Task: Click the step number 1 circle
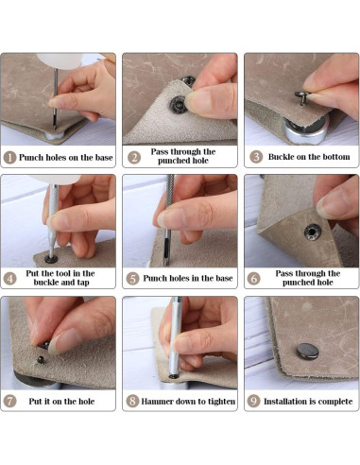(9, 157)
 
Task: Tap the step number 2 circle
(134, 157)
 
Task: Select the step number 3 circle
(256, 157)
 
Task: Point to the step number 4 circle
(9, 278)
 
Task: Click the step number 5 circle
(132, 279)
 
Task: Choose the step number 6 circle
(254, 278)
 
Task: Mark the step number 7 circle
(9, 401)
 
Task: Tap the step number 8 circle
(132, 401)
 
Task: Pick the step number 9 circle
(253, 401)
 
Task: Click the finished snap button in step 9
(308, 352)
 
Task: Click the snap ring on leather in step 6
(312, 232)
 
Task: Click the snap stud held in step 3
(301, 97)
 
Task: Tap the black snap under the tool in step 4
(51, 259)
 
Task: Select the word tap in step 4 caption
(82, 283)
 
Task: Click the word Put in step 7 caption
(35, 402)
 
